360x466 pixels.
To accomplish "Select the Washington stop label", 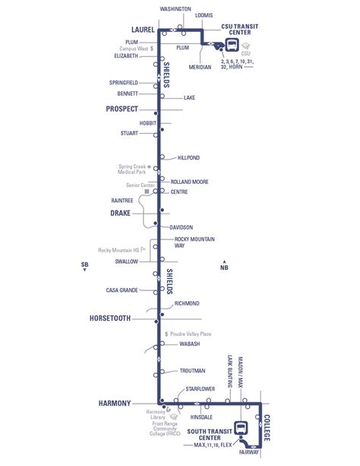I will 175,9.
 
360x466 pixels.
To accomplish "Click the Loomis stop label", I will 204,14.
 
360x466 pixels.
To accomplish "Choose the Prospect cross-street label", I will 122,109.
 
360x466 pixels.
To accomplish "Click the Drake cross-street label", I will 122,214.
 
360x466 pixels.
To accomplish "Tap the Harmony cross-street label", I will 115,403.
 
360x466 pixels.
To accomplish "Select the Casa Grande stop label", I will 122,290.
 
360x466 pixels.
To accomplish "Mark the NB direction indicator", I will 223,267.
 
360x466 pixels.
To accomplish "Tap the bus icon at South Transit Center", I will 242,429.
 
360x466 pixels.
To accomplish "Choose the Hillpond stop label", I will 188,157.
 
